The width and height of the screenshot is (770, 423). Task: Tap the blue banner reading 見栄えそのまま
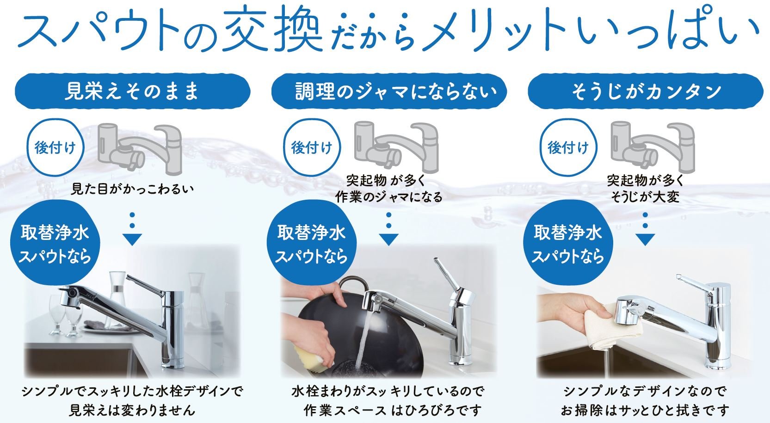pyautogui.click(x=132, y=91)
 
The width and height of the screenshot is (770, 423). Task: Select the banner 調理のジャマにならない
pyautogui.click(x=389, y=91)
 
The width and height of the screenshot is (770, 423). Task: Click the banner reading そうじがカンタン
pyautogui.click(x=646, y=91)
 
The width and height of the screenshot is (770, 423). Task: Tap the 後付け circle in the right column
pyautogui.click(x=568, y=147)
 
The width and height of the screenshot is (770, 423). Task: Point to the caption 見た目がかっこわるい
pyautogui.click(x=132, y=189)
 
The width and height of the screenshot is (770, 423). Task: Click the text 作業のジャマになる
pyautogui.click(x=389, y=197)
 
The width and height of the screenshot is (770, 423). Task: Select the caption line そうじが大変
pyautogui.click(x=645, y=197)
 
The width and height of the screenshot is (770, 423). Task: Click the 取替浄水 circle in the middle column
pyautogui.click(x=312, y=244)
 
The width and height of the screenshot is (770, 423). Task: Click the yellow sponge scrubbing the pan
pyautogui.click(x=314, y=359)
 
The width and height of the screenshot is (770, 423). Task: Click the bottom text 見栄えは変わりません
pyautogui.click(x=132, y=410)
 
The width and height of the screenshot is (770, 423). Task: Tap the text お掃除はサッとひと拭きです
pyautogui.click(x=645, y=410)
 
